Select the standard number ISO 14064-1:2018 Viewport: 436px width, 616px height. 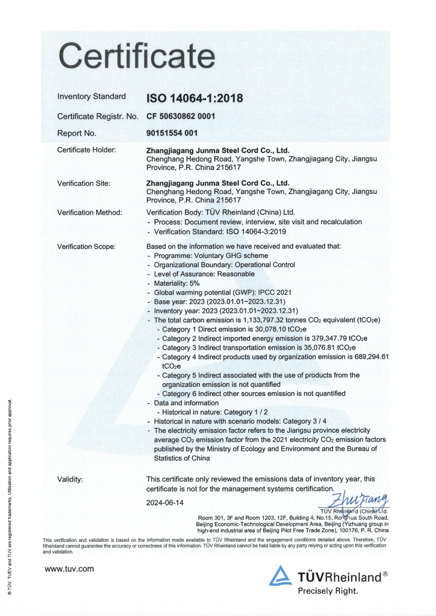click(195, 98)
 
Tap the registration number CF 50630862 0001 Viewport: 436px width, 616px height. click(181, 116)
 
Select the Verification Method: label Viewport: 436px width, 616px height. click(89, 212)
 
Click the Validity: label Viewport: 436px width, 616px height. click(70, 479)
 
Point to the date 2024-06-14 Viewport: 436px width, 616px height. click(165, 502)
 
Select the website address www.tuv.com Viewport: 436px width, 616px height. click(69, 568)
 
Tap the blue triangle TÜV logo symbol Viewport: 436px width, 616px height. click(281, 576)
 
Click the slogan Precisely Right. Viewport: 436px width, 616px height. click(328, 591)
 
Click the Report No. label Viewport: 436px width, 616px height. click(76, 133)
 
